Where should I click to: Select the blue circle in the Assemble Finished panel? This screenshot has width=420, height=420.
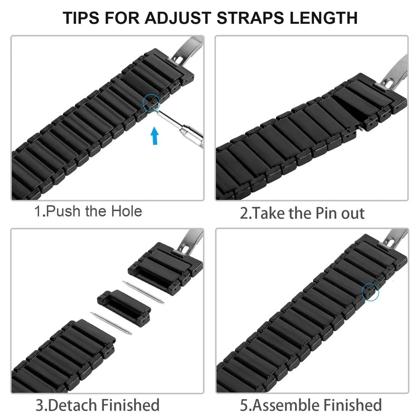pyautogui.click(x=370, y=292)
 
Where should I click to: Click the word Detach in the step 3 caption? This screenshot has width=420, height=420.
pyautogui.click(x=73, y=405)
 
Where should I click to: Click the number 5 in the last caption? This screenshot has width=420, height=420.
pyautogui.click(x=244, y=405)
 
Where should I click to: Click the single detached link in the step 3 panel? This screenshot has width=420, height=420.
pyautogui.click(x=119, y=301)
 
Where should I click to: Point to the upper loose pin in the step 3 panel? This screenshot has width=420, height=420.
pyautogui.click(x=143, y=292)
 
